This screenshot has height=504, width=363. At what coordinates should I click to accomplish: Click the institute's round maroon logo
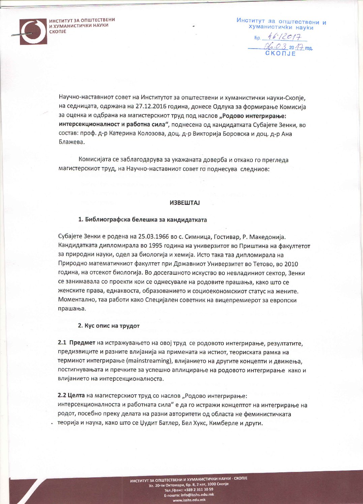pos(33,32)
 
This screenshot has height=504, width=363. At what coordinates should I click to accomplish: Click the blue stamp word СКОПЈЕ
pos(280,53)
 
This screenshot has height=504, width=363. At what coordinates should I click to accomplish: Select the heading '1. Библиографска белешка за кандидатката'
pos(143,219)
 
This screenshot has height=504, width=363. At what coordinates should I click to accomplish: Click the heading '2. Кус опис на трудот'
pos(109,326)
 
